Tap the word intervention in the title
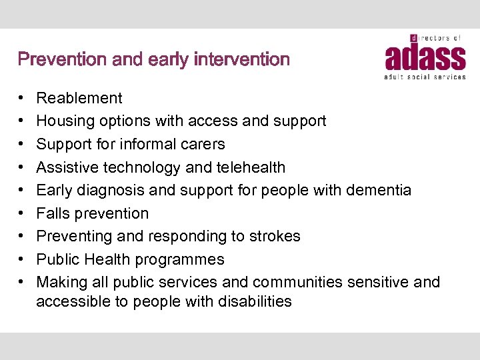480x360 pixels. point(242,60)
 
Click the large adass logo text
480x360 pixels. point(425,58)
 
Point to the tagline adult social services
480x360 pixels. point(425,77)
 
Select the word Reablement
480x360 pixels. point(79,98)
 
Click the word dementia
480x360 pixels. point(379,190)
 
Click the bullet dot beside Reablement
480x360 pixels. point(22,99)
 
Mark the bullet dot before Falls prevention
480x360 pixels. point(22,214)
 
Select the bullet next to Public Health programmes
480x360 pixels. point(22,260)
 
